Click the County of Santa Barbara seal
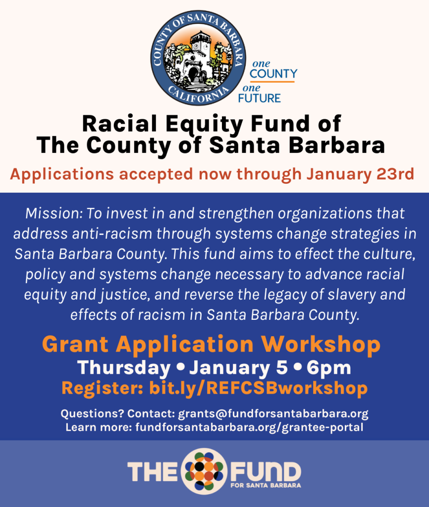pos(198,58)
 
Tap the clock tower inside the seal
pos(201,49)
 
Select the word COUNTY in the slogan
pos(273,74)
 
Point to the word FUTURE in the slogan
pos(260,98)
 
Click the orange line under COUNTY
pos(272,82)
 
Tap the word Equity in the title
pos(205,124)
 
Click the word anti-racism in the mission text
pos(112,234)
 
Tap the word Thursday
pos(124,368)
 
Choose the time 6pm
pos(329,368)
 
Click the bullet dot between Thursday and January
pos(181,367)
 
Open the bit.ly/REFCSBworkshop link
pos(258,388)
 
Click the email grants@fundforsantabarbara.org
pos(273,413)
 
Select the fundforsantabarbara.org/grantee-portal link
pos(249,427)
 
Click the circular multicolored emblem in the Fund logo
pos(204,471)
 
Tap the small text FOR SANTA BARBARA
pos(266,485)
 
